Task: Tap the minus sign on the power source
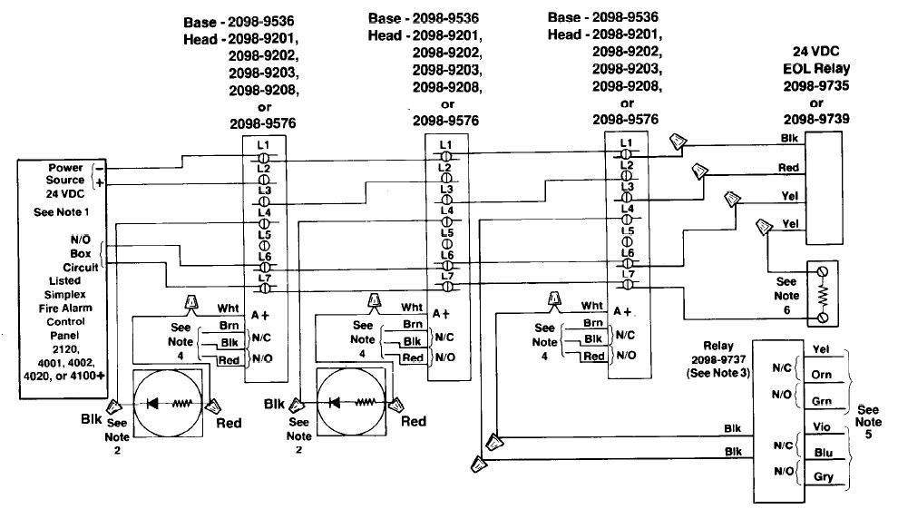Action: pos(100,168)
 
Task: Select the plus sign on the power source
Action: pos(100,182)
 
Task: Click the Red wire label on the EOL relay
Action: pos(788,169)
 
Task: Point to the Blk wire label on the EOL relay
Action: pos(788,138)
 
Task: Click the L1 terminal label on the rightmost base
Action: pos(626,142)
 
